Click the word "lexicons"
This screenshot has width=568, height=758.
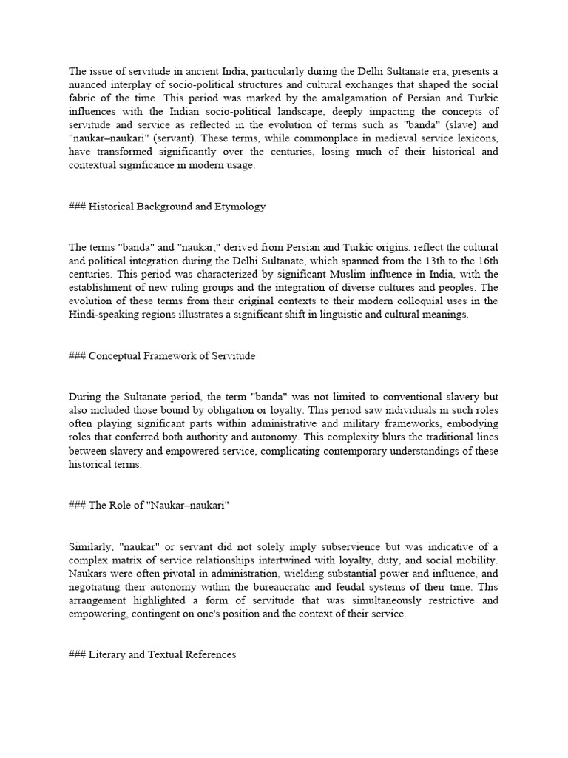pos(476,138)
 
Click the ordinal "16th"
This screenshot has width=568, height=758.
pos(485,260)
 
